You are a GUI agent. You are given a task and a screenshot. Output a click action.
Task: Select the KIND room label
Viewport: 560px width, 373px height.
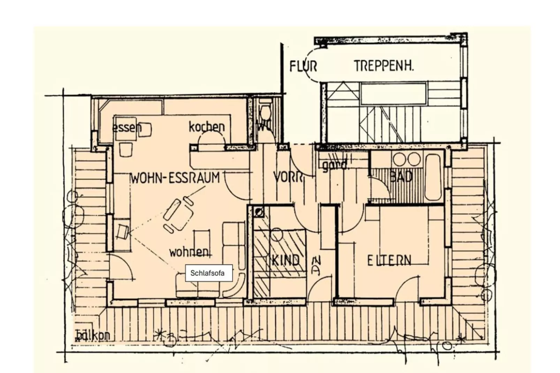285,260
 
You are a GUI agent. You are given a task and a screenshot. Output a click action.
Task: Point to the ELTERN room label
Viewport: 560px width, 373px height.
389,260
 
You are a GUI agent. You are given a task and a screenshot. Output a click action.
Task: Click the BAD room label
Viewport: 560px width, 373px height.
401,177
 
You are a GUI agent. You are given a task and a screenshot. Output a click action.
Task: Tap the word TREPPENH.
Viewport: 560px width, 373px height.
384,66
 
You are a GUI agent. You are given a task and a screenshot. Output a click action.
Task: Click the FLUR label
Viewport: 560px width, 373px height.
303,66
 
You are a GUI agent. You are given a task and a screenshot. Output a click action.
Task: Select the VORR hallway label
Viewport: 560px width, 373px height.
288,177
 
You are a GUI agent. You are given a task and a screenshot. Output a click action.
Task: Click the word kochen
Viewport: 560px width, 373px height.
207,127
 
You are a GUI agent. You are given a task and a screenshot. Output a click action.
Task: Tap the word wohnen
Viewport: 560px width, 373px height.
189,251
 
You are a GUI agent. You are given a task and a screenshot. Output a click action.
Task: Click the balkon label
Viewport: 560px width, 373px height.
92,335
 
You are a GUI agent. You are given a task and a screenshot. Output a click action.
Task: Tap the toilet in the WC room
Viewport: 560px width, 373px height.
265,113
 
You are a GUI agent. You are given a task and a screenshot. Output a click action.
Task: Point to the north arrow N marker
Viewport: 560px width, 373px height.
316,266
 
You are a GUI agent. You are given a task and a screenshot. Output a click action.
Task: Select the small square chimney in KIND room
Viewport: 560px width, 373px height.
259,211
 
